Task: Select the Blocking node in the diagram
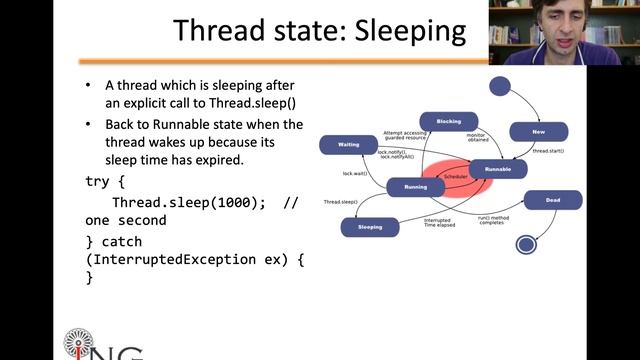[449, 121]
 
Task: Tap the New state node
[538, 131]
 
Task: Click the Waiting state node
[348, 145]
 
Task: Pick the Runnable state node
[497, 169]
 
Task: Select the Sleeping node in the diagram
[370, 228]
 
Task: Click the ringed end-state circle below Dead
[526, 243]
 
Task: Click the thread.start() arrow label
[547, 151]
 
